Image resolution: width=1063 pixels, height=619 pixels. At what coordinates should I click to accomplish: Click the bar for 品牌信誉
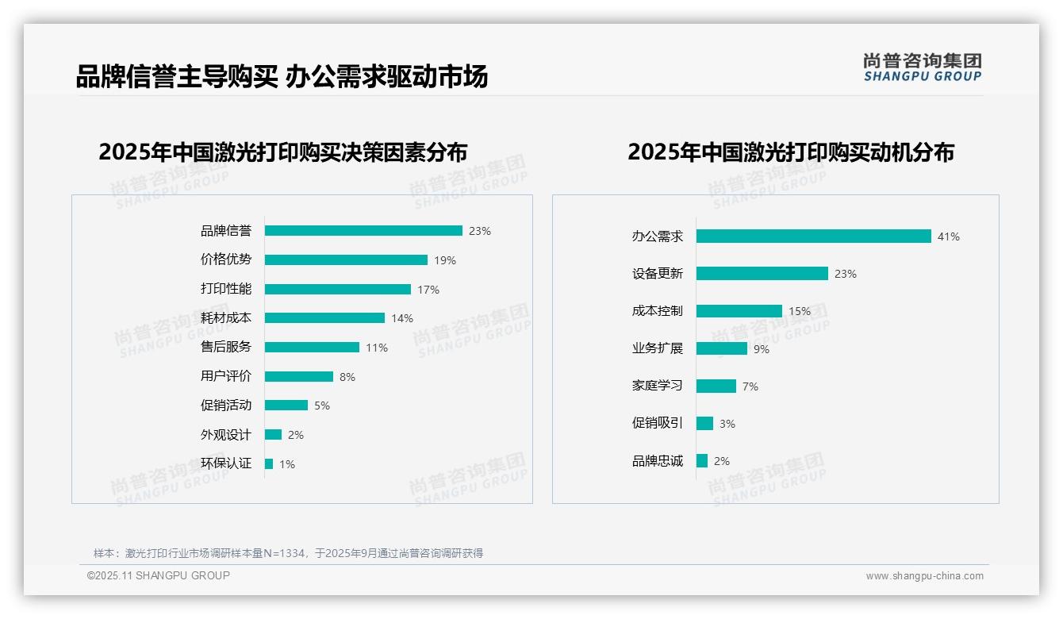coord(363,231)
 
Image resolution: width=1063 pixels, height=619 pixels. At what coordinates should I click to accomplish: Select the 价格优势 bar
coord(346,260)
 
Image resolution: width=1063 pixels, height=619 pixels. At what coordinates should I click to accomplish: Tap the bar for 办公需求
coord(813,236)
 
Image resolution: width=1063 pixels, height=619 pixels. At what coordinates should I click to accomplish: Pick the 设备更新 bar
coord(762,274)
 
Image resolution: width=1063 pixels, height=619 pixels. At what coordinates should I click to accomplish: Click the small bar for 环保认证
coord(269,464)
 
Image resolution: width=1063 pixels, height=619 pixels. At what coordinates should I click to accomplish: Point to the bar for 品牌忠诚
coord(702,461)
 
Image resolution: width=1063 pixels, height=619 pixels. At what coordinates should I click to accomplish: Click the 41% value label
coord(948,236)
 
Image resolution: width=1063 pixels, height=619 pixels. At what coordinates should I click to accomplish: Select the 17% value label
coord(428,290)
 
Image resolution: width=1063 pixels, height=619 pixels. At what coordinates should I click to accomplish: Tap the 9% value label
coord(762,349)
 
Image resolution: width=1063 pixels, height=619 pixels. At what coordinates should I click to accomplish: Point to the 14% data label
coord(402,318)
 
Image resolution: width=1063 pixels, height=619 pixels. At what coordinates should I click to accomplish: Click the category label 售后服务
coord(226,347)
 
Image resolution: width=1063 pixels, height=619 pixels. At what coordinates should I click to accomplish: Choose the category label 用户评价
coord(226,376)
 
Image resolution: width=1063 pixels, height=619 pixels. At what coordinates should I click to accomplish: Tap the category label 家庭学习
coord(658,386)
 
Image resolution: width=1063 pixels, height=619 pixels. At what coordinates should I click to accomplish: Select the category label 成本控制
coord(658,311)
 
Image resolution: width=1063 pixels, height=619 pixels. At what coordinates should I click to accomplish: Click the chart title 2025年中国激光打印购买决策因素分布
coord(283,152)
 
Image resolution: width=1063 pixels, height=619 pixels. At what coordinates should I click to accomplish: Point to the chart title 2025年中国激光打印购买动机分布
coord(790,152)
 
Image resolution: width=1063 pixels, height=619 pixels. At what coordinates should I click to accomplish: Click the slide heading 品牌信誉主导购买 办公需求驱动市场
coord(282,77)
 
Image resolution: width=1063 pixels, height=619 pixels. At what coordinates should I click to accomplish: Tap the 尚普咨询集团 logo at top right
coord(923,67)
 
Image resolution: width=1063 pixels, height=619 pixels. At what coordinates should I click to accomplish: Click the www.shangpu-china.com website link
coord(924,576)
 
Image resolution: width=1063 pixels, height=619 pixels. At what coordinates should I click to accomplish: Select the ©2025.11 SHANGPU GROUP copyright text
coord(159,575)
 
